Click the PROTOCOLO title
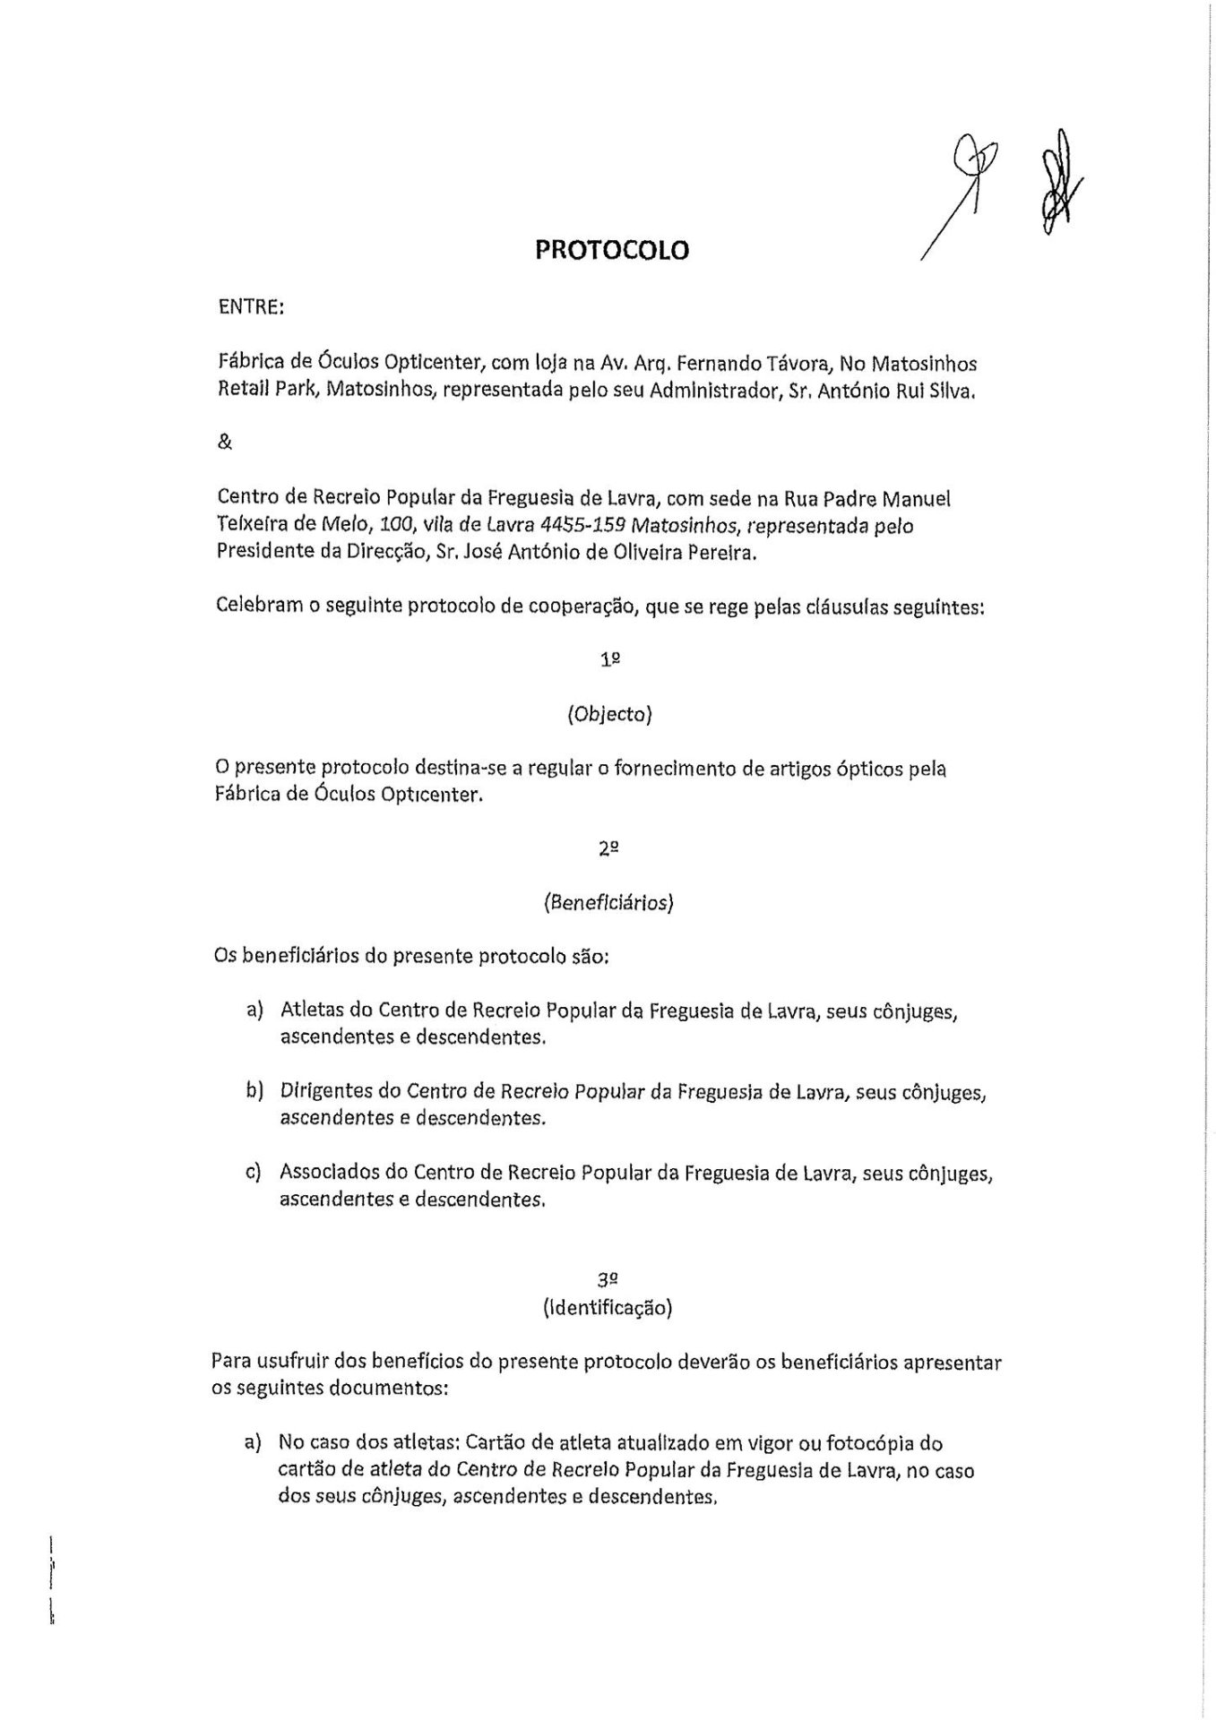(612, 250)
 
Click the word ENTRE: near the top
(251, 307)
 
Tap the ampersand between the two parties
(224, 443)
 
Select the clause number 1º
(610, 659)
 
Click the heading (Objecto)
(609, 714)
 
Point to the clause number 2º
(609, 848)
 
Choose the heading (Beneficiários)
(608, 902)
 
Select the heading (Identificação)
(608, 1307)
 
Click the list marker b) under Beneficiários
(254, 1091)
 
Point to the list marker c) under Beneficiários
(254, 1172)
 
